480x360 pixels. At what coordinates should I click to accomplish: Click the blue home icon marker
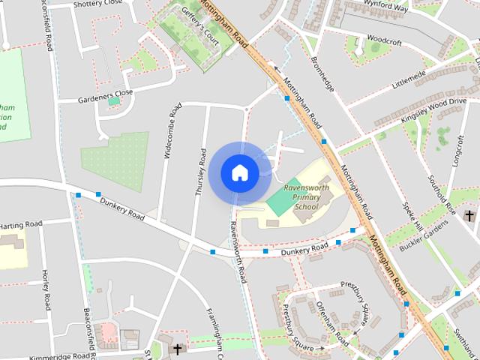[240, 172]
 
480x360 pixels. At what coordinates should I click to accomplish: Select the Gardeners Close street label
[105, 94]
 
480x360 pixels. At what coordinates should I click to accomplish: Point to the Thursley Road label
[200, 172]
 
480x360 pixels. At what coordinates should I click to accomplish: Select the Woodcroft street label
[385, 38]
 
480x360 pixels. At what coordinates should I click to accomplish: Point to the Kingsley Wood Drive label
[433, 104]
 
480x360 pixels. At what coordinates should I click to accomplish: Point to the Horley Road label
[46, 291]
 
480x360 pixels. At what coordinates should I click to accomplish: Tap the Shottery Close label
[97, 4]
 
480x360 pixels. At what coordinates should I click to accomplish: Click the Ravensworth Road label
[238, 251]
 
